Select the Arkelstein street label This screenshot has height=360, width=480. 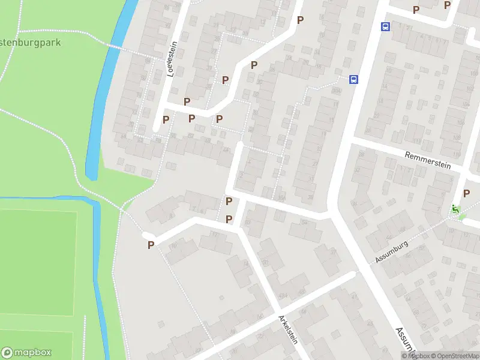[x=287, y=329]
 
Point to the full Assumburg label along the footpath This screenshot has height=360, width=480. [x=392, y=251]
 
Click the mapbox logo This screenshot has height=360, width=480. [x=26, y=353]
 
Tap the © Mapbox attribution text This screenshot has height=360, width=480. [x=415, y=356]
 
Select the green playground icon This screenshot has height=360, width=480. [x=455, y=209]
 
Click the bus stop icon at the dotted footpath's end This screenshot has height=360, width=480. [x=354, y=79]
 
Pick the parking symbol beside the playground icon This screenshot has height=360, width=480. [x=466, y=193]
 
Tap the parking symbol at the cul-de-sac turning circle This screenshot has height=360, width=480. [x=151, y=244]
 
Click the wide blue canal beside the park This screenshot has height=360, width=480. [x=108, y=78]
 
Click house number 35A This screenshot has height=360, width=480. [x=281, y=195]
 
